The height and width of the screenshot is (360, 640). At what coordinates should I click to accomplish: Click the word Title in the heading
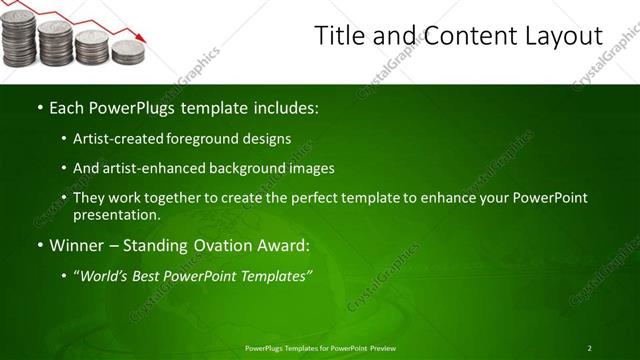[x=339, y=37]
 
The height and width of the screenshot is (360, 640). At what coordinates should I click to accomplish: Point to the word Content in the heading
[x=455, y=37]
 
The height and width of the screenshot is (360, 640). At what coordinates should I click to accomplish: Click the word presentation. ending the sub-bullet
[x=116, y=215]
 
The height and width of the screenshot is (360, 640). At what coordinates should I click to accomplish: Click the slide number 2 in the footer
[x=589, y=347]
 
